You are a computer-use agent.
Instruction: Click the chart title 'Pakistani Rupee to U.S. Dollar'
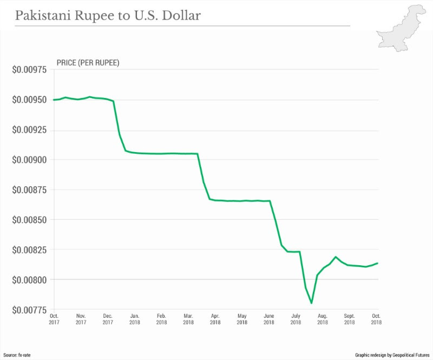(x=108, y=16)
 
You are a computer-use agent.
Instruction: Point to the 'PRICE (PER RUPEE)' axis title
(x=88, y=63)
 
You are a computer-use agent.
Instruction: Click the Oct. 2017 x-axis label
(x=54, y=319)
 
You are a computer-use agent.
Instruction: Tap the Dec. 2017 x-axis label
(x=108, y=319)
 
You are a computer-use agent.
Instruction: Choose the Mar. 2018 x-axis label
(x=188, y=319)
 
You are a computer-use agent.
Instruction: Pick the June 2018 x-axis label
(x=269, y=319)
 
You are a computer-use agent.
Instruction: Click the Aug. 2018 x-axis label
(x=323, y=319)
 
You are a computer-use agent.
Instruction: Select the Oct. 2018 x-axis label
(x=376, y=319)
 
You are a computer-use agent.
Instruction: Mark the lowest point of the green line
(x=312, y=303)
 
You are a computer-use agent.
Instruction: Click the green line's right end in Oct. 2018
(x=378, y=263)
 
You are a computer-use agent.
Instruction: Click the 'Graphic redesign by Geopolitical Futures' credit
(x=388, y=352)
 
